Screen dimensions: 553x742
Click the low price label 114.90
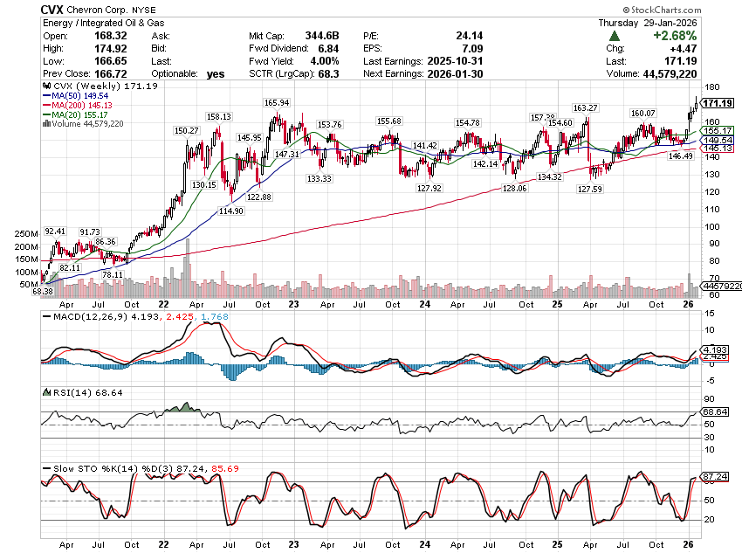tap(231, 211)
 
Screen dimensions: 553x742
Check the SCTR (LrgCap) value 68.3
tap(334, 75)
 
